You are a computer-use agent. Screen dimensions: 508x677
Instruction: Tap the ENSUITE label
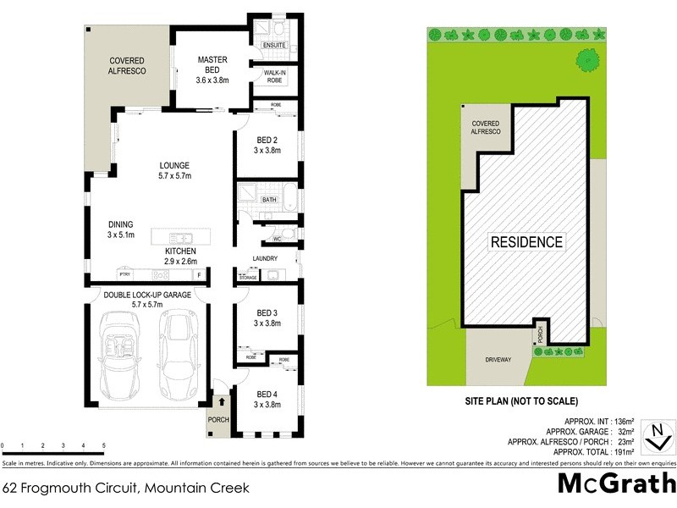click(273, 45)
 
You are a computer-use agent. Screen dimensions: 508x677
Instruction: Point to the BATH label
click(269, 200)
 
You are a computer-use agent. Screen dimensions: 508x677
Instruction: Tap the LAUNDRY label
click(265, 258)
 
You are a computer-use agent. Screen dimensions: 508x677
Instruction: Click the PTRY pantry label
click(124, 275)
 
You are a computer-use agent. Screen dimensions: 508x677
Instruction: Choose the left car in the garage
click(120, 356)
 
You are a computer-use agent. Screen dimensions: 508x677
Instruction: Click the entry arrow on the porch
click(222, 403)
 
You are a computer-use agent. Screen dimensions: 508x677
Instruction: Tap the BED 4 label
click(267, 399)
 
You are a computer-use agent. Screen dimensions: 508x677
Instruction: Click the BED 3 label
click(267, 318)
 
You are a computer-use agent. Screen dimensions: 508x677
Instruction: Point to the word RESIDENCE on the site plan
click(526, 242)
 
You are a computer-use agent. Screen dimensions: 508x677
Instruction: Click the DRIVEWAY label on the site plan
click(498, 360)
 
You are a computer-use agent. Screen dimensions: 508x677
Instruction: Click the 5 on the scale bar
click(103, 445)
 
